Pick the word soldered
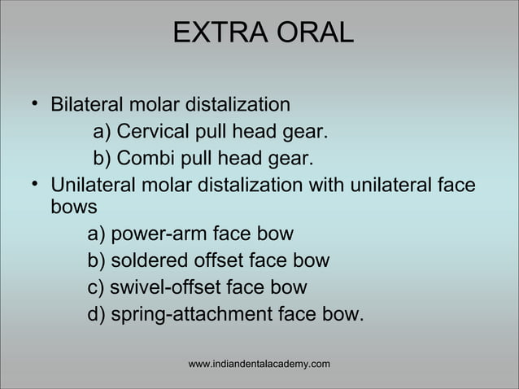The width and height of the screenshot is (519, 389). [x=146, y=261]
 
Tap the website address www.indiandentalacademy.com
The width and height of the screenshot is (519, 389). [x=259, y=363]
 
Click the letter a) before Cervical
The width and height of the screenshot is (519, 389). [x=103, y=132]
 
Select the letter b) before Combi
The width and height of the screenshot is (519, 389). [x=103, y=158]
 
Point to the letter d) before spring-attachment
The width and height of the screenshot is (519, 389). [x=97, y=313]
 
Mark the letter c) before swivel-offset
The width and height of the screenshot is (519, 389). [x=97, y=287]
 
